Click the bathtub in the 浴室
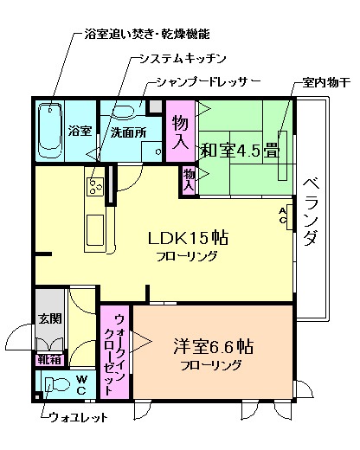pyautogui.click(x=51, y=130)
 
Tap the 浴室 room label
pyautogui.click(x=80, y=132)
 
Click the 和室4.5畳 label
pyautogui.click(x=240, y=148)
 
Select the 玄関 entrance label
pyautogui.click(x=48, y=318)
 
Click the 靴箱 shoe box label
pyautogui.click(x=48, y=358)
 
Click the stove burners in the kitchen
pyautogui.click(x=93, y=184)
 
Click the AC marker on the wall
pyautogui.click(x=282, y=215)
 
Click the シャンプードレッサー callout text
pyautogui.click(x=202, y=82)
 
